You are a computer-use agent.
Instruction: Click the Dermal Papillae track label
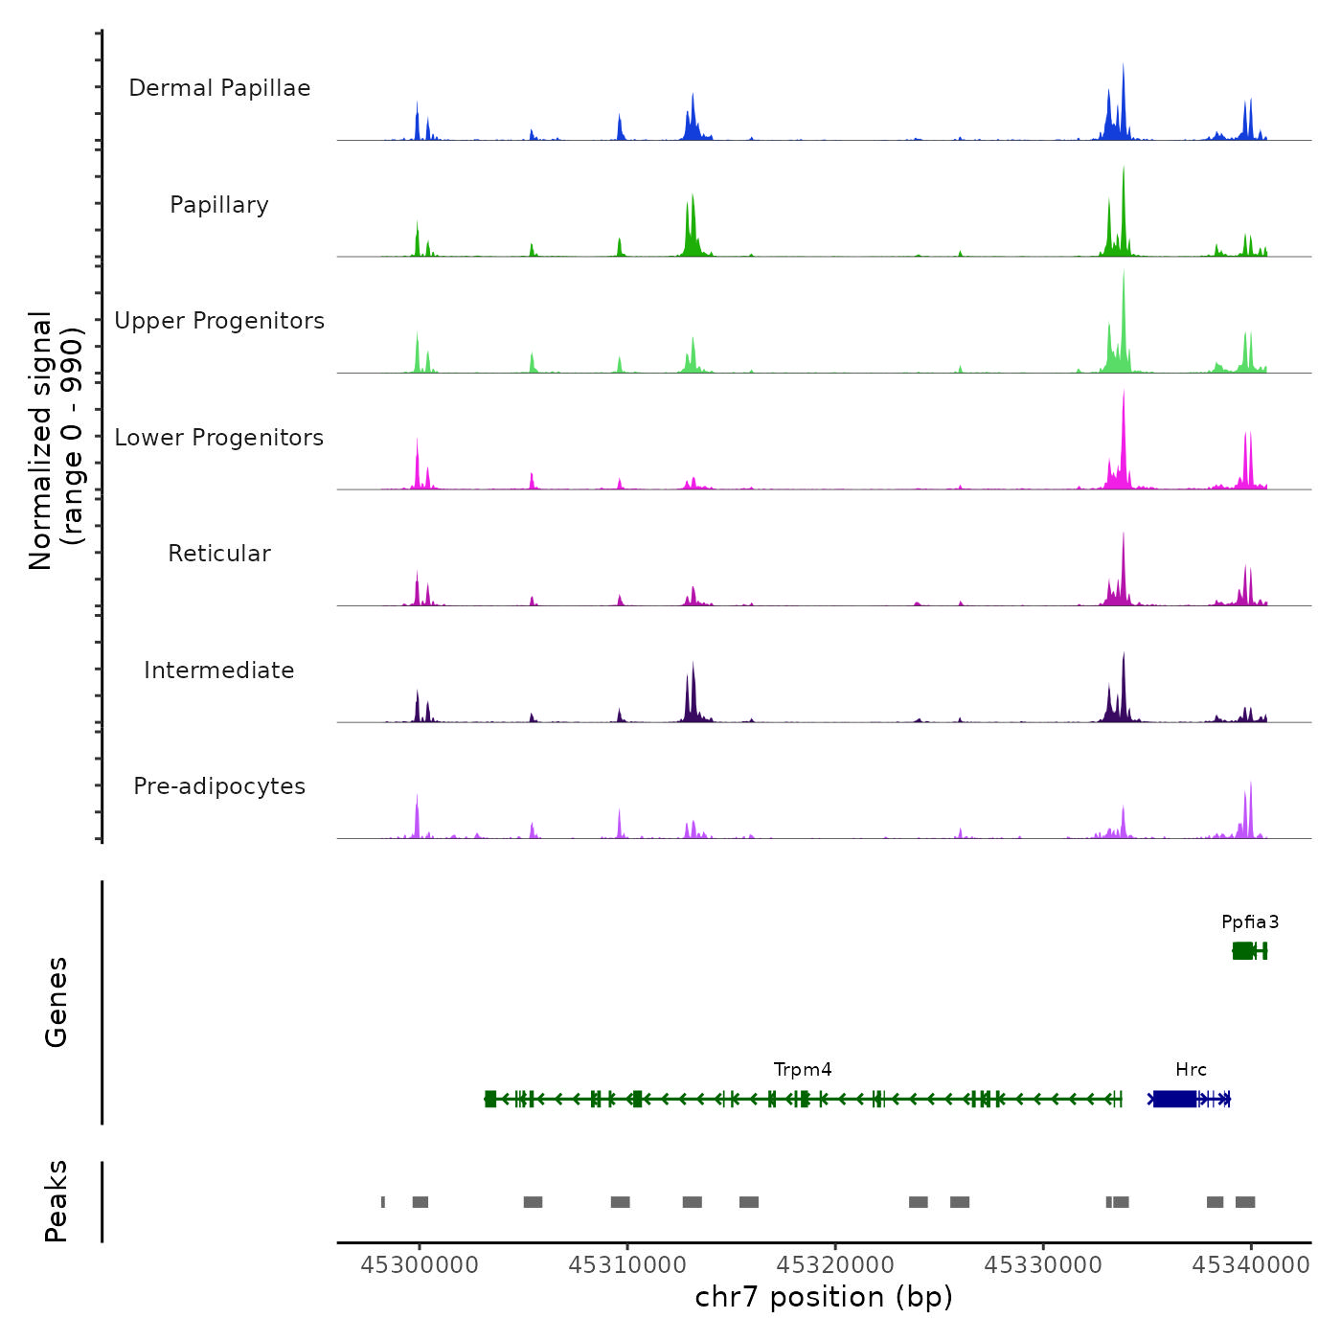pos(219,88)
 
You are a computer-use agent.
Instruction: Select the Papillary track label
pos(219,205)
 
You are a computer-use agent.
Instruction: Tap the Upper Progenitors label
pos(219,321)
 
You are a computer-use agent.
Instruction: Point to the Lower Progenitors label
pos(219,438)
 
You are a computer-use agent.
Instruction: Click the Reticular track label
pos(219,554)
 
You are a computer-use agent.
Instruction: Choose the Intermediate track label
pos(219,670)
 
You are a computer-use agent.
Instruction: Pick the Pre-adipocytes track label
pos(219,786)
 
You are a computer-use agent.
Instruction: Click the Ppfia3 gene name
pos(1250,922)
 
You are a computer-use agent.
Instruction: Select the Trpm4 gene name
pos(803,1070)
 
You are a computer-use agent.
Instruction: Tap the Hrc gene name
pos(1191,1070)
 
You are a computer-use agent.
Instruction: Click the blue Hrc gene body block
pos(1174,1099)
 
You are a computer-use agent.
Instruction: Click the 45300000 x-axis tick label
pos(420,1265)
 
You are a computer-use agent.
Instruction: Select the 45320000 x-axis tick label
pos(835,1265)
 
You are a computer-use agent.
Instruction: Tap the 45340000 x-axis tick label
pos(1251,1265)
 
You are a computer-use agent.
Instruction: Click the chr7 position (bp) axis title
pos(824,1297)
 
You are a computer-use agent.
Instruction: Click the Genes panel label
pos(57,1002)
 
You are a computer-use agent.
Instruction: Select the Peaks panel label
pos(57,1201)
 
